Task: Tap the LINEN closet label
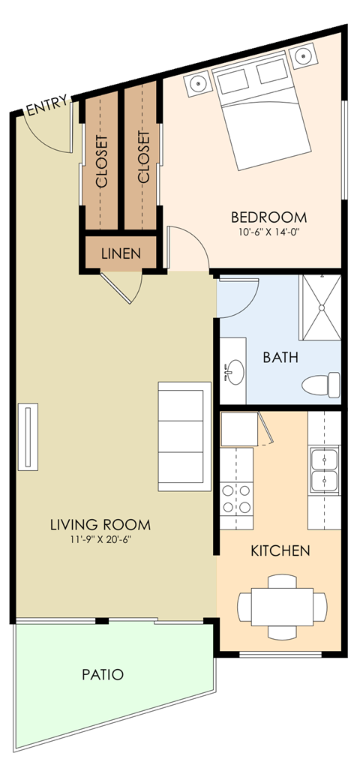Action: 120,253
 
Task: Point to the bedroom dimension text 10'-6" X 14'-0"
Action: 268,232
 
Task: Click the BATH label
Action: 280,357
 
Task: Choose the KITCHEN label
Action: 280,551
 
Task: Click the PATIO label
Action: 102,674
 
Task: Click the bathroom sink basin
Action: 235,370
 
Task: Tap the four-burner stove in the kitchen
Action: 235,499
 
